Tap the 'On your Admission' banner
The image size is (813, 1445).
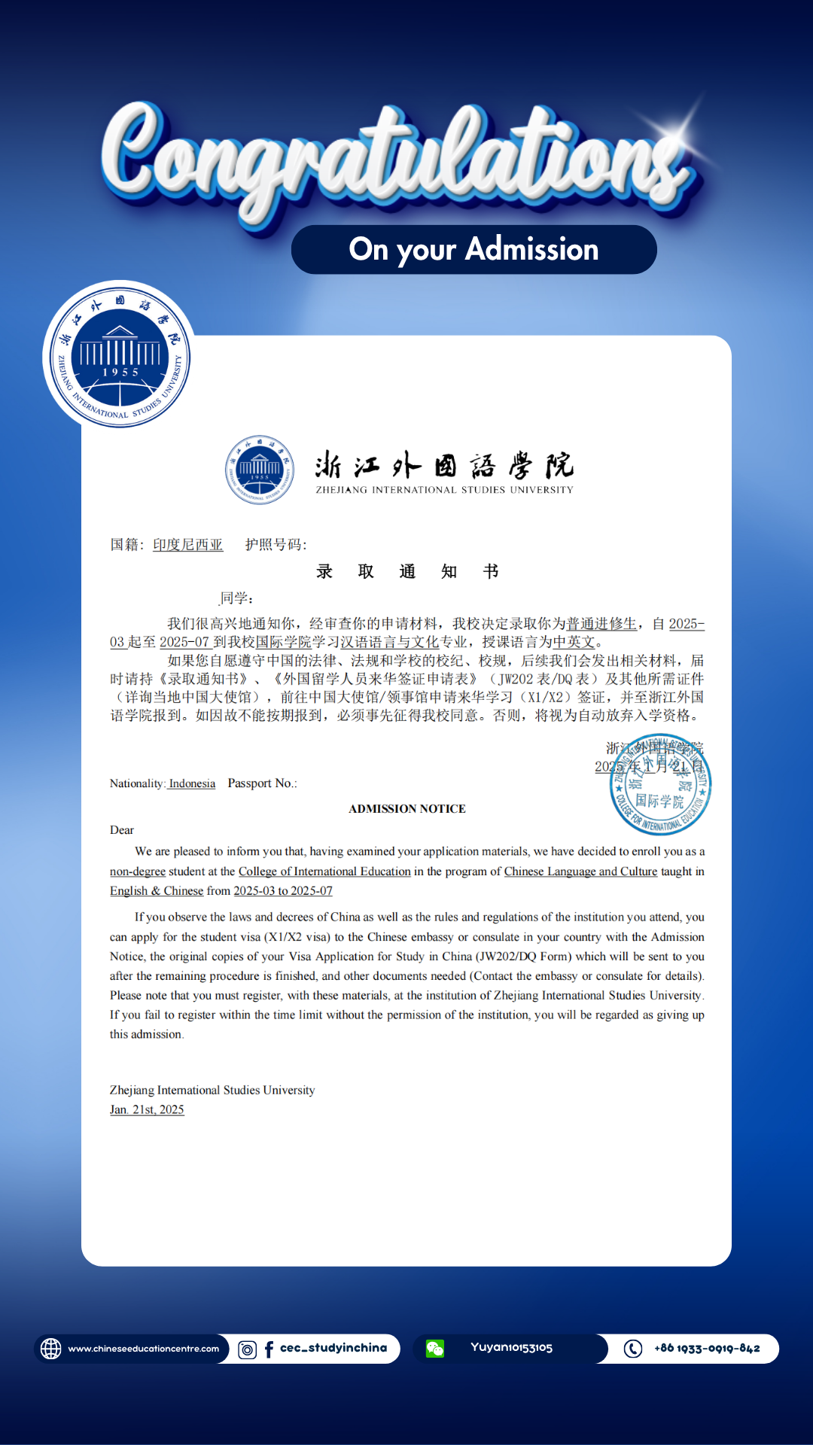point(473,249)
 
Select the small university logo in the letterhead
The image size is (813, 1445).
point(260,470)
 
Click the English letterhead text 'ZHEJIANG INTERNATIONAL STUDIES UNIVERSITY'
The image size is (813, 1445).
point(444,490)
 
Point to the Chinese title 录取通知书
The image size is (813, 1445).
point(406,572)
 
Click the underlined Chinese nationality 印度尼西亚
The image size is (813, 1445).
point(187,545)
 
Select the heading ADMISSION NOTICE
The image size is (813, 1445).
point(406,809)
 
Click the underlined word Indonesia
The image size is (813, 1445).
point(192,783)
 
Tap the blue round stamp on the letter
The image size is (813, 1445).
point(660,784)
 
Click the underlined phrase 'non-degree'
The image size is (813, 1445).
point(138,872)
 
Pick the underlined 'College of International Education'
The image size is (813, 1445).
point(324,872)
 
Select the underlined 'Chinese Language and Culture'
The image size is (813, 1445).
point(580,872)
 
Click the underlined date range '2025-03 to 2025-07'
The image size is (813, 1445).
point(283,891)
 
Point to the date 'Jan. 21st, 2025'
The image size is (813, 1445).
point(147,1110)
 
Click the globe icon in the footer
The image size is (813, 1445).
point(50,1349)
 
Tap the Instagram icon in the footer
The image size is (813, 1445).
point(247,1349)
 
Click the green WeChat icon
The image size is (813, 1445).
point(435,1349)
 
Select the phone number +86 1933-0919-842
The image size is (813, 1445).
point(707,1349)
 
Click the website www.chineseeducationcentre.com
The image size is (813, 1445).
point(143,1349)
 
